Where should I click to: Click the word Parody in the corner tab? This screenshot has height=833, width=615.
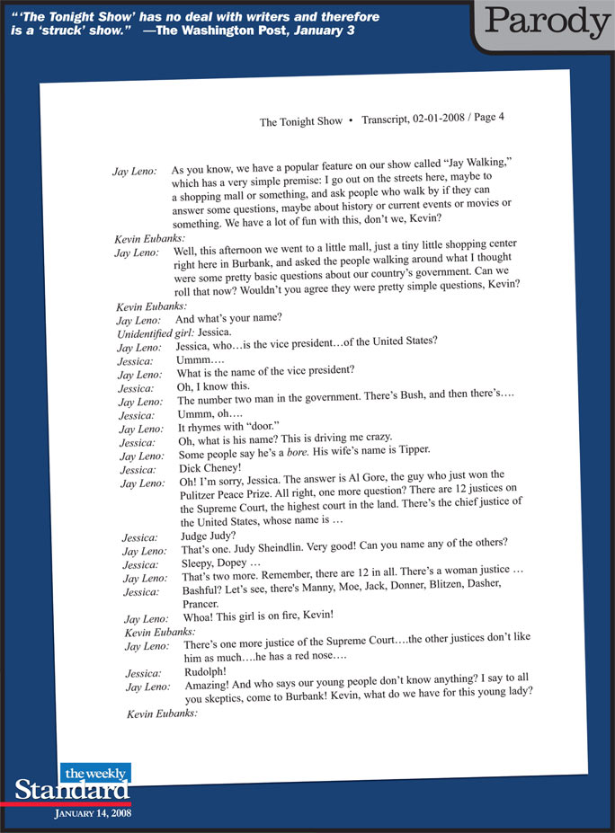click(546, 22)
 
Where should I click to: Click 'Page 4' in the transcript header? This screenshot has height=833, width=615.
click(487, 116)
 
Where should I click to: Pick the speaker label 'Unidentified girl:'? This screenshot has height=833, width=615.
click(156, 333)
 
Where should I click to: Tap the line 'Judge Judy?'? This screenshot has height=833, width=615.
click(209, 536)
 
